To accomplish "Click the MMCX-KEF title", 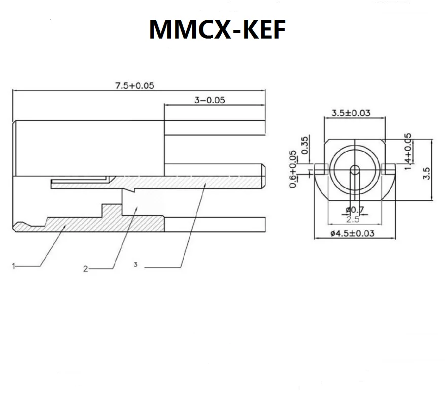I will click(217, 30).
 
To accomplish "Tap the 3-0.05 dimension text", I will click(210, 100).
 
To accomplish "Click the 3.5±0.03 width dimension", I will click(350, 112).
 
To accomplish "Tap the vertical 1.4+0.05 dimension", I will click(408, 151).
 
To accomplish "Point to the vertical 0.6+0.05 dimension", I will click(293, 169).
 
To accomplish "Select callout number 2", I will click(86, 269).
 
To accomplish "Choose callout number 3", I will click(135, 264).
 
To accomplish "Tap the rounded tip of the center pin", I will click(263, 174).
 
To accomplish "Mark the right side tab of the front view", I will click(389, 167).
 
